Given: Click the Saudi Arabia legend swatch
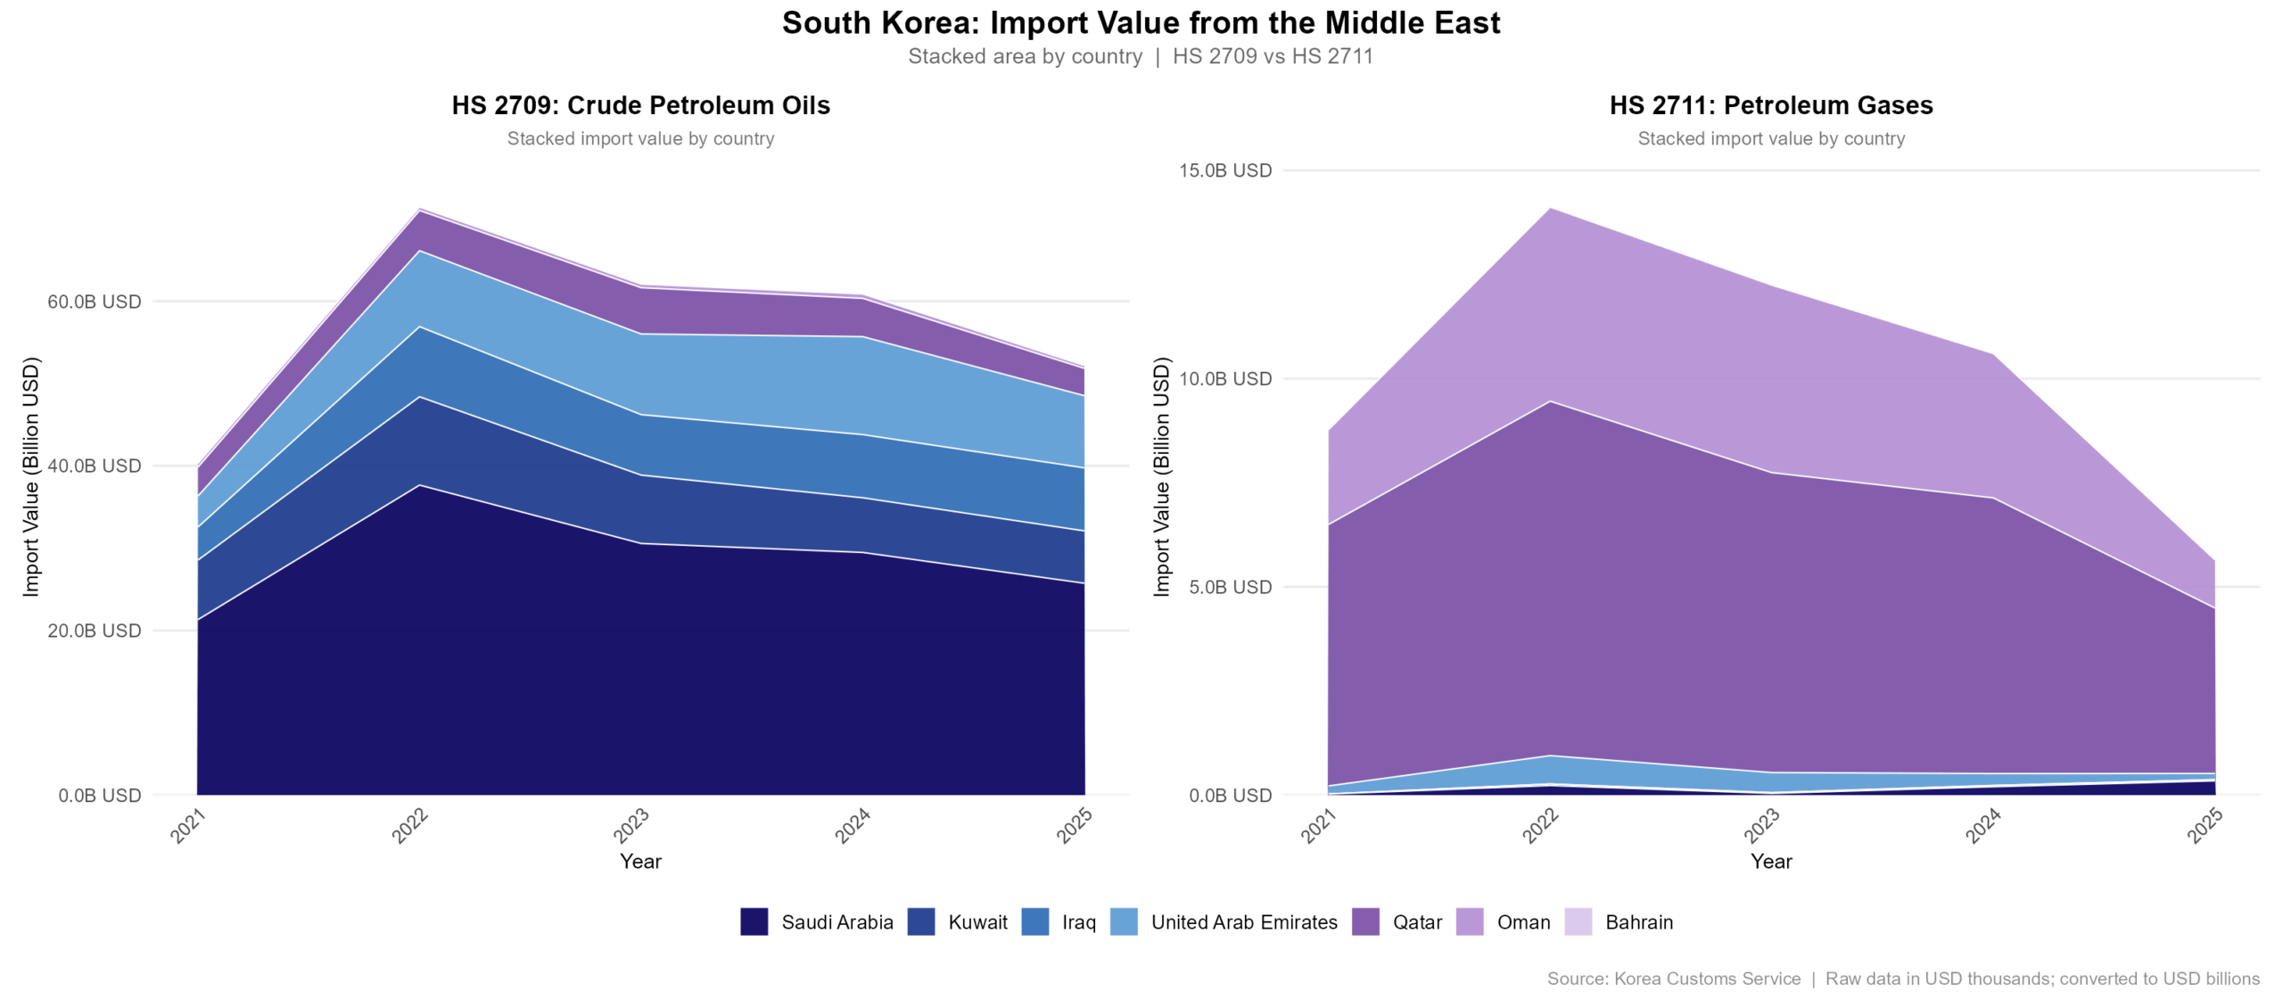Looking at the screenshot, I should (754, 921).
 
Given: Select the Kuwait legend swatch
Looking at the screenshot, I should (920, 921).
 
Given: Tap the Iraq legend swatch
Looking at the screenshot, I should (1034, 921).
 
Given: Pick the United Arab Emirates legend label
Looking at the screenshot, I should (1243, 922).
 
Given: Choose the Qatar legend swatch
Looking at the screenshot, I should (1365, 921).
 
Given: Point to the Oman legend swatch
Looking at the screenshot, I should (1470, 921).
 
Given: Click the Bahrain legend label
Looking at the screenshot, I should (1638, 922).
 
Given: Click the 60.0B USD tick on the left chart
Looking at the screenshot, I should (95, 301).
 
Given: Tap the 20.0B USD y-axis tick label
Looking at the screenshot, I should (95, 631).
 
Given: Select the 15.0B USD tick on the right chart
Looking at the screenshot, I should (1224, 170).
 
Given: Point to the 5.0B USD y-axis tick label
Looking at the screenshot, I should (1230, 587).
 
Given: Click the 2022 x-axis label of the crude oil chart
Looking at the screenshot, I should (410, 825).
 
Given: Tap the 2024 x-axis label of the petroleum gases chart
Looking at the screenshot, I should (1983, 825).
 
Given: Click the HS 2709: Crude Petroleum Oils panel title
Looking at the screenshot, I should (640, 105).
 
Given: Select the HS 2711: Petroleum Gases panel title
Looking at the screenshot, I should (1770, 105).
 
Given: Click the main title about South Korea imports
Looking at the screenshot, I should (1141, 23).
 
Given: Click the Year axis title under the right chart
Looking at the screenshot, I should (1770, 861).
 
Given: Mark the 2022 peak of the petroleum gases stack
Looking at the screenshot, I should (1551, 209).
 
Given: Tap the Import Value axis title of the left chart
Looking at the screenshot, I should (31, 476).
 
